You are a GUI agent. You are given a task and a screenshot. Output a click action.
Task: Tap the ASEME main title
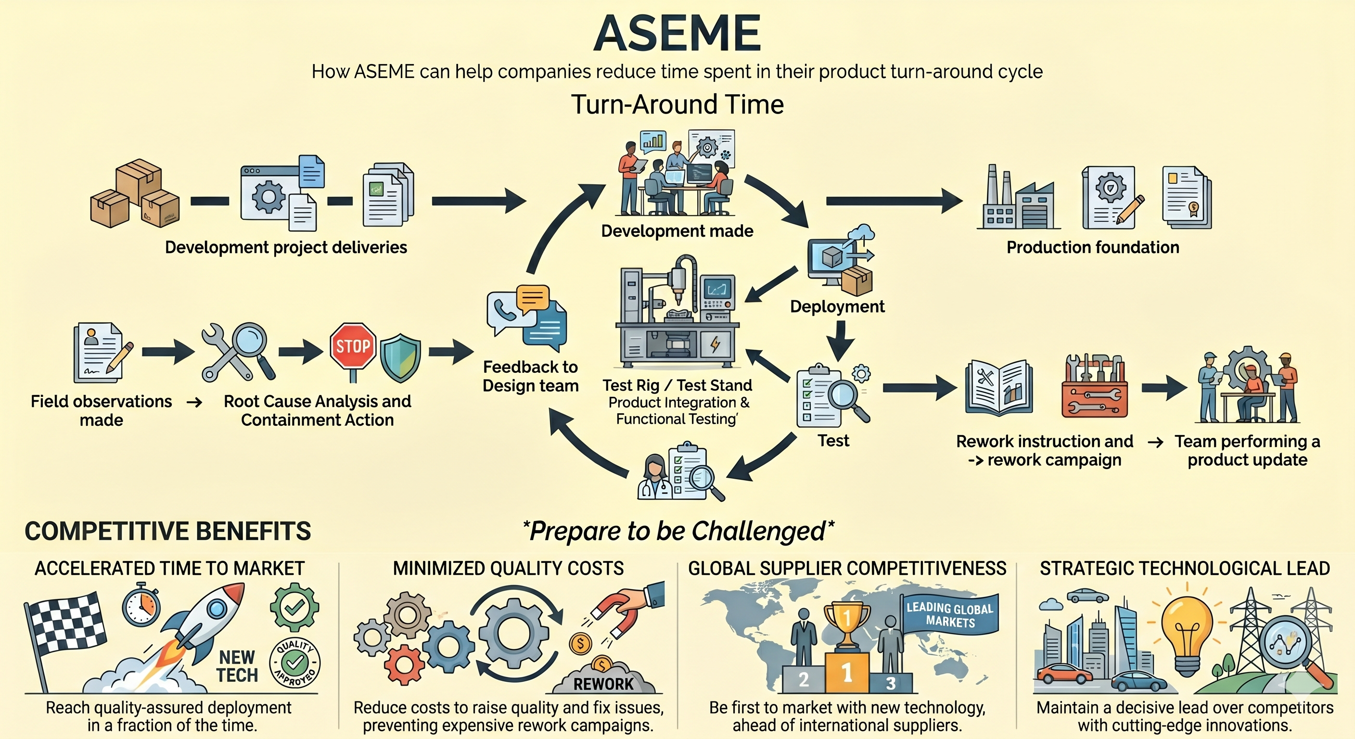pyautogui.click(x=677, y=33)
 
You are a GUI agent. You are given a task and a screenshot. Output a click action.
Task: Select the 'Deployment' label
pyautogui.click(x=837, y=306)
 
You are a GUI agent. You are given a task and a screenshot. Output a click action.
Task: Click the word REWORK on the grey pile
pyautogui.click(x=603, y=684)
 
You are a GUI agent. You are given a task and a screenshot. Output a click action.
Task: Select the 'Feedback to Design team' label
pyautogui.click(x=530, y=376)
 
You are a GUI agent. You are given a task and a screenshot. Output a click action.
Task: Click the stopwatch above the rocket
pyautogui.click(x=141, y=605)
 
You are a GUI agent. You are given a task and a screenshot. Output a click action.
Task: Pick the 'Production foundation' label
pyautogui.click(x=1093, y=247)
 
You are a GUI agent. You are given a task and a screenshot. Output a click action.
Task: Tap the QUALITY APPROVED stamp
pyautogui.click(x=294, y=663)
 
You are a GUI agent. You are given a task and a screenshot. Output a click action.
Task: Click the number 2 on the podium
pyautogui.click(x=804, y=679)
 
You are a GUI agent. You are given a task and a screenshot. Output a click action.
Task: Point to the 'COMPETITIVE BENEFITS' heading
pyautogui.click(x=168, y=531)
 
